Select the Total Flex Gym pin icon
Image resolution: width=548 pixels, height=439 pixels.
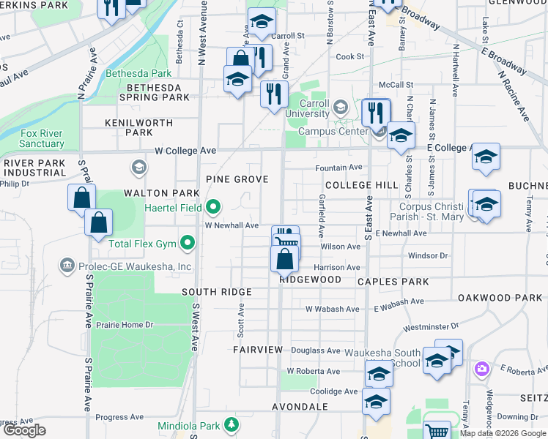tap(188, 242)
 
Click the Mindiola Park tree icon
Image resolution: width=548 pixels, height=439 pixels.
tap(232, 424)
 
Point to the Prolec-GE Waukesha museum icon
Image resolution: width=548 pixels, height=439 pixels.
tap(67, 263)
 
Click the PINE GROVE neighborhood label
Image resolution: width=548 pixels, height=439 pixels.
tap(237, 179)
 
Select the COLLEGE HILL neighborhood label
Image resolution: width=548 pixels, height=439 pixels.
tap(360, 185)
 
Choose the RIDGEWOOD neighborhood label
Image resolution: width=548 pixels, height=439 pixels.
tap(310, 279)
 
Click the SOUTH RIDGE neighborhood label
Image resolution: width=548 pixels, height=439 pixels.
tap(217, 292)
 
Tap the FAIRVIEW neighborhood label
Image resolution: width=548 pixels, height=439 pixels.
tap(258, 350)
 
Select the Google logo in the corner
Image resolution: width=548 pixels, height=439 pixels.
tap(24, 430)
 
